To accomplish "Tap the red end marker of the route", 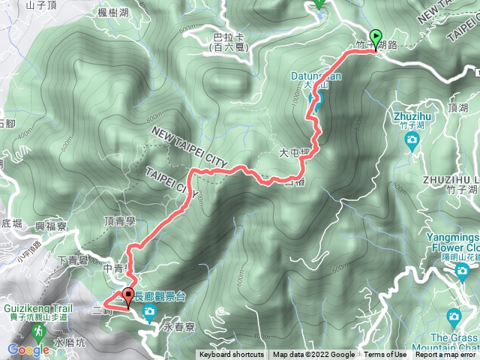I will [x=128, y=298].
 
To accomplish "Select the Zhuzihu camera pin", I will [x=412, y=141].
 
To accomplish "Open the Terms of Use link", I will [x=385, y=355].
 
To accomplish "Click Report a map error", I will [x=447, y=355].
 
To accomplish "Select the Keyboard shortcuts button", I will [x=231, y=355].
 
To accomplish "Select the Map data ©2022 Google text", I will [x=314, y=355].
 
